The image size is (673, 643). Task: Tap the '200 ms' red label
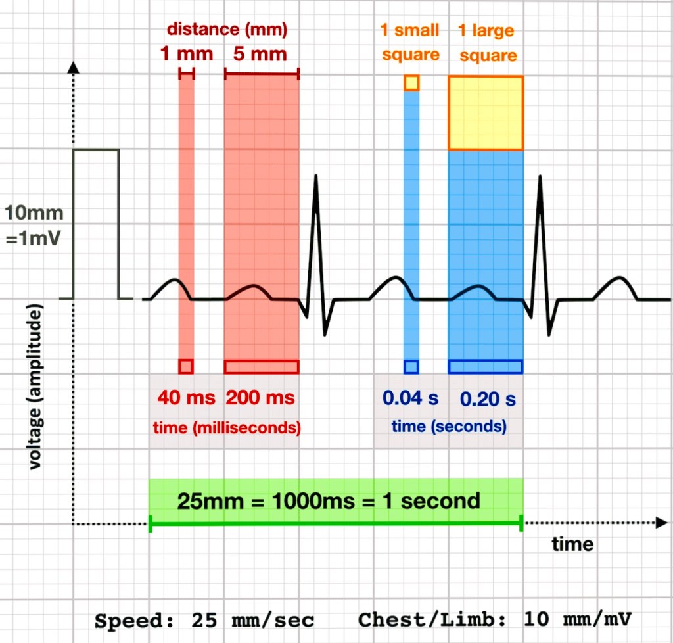tap(261, 397)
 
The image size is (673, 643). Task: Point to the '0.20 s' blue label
tap(488, 398)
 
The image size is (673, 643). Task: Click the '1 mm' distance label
tap(187, 53)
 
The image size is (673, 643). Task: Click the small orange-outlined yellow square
tap(411, 83)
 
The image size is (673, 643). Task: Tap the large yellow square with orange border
tap(486, 113)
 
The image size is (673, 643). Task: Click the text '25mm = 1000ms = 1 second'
tap(329, 501)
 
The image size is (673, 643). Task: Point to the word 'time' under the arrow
tap(572, 544)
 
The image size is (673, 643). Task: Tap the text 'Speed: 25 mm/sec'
tap(204, 620)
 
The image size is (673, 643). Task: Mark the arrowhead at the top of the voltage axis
tap(74, 66)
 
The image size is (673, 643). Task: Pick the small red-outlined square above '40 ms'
tap(186, 366)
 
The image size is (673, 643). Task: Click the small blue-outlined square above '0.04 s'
tap(411, 366)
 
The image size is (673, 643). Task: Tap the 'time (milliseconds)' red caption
tap(227, 427)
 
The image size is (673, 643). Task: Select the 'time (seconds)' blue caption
tap(449, 427)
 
